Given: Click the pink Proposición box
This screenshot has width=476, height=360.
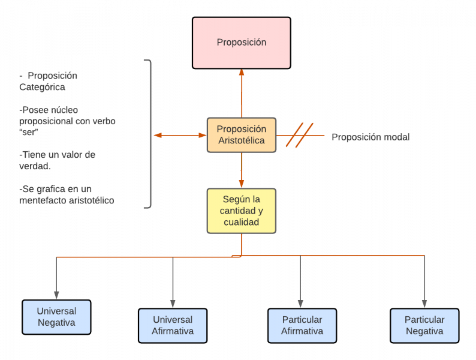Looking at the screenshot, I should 241,43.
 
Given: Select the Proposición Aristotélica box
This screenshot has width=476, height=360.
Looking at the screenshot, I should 241,136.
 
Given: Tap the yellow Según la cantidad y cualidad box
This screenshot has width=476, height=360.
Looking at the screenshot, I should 241,211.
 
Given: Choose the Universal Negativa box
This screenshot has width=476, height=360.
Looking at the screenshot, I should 56,317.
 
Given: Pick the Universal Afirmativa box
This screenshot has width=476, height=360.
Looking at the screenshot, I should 173,325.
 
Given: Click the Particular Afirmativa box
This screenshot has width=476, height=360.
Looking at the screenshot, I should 302,325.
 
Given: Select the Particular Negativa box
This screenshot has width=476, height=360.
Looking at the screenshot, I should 424,325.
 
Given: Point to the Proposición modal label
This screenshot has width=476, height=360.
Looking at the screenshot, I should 370,137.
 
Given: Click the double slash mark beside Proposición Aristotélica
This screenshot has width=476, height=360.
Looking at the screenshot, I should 299,135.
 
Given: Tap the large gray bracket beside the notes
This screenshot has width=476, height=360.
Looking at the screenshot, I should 149,134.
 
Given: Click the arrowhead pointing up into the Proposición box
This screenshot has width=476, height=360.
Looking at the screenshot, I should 242,73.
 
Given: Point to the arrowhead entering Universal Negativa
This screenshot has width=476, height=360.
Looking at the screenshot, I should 56,295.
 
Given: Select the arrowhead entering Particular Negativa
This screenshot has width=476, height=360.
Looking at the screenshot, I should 424,304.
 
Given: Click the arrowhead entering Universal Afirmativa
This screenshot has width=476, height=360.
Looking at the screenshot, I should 173,304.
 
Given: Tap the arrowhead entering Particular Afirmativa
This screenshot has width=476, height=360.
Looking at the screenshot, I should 300,304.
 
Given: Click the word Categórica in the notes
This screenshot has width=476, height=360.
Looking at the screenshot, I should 42,87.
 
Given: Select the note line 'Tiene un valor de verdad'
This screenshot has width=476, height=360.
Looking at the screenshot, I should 57,160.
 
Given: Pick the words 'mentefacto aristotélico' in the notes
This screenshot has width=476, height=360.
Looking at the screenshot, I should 67,200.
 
